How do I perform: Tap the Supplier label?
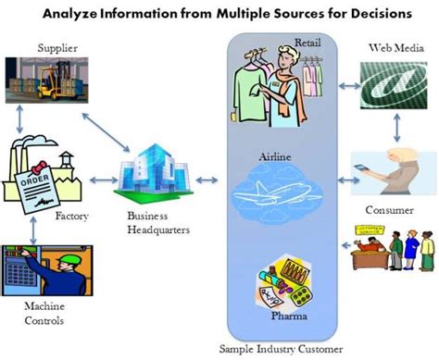[57, 47]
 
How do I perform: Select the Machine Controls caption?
[45, 314]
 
